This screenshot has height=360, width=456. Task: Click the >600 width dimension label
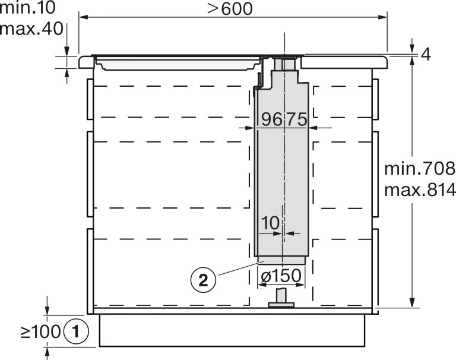point(230,9)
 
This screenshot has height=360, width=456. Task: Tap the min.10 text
point(28,7)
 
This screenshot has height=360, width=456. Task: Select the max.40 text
point(31,29)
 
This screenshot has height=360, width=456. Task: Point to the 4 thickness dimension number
point(426,55)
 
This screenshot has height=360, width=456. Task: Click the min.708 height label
point(420,169)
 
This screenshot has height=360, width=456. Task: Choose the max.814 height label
point(420,190)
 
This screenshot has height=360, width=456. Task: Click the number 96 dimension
point(271,119)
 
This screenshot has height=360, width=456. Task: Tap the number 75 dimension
point(296,119)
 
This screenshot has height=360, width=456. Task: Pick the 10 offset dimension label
point(270,223)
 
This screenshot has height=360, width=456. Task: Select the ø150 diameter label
point(281,276)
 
